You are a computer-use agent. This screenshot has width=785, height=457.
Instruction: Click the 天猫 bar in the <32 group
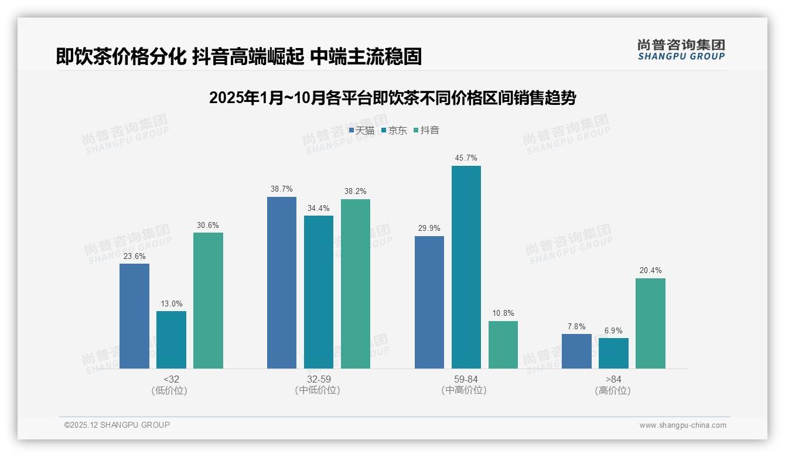(134, 316)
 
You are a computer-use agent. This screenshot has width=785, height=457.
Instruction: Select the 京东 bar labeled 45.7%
(466, 267)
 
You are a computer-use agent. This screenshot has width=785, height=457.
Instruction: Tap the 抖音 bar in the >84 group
(650, 323)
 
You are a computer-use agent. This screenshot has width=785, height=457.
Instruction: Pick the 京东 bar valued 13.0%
(171, 340)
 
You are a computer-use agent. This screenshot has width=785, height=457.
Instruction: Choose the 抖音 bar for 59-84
(503, 345)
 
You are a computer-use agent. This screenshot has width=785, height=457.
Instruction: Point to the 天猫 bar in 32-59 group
(282, 282)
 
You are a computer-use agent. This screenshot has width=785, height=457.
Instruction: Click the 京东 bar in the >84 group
(613, 353)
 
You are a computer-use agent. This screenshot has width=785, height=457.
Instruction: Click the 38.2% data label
(356, 192)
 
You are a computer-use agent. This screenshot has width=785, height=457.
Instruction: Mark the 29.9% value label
(429, 228)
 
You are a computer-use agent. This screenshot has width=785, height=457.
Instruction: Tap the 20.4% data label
(650, 271)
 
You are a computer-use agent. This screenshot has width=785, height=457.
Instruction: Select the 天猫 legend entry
(361, 130)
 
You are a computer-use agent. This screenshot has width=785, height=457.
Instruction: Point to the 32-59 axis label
(318, 380)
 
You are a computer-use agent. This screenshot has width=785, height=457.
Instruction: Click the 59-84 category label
(466, 380)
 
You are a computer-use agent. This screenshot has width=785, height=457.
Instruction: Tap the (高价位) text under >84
(613, 391)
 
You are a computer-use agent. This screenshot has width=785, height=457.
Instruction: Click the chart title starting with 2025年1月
(392, 98)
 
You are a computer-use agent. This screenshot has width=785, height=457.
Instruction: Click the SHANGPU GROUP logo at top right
(681, 50)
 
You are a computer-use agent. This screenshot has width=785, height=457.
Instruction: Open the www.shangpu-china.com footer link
(682, 425)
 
